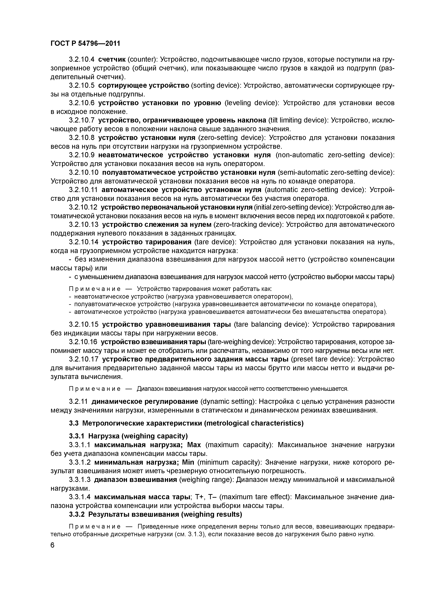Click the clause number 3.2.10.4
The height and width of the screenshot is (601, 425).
(81, 59)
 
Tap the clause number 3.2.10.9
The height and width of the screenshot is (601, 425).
(81, 155)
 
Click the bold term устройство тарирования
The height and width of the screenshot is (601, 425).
(147, 242)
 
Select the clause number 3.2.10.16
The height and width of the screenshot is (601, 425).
(83, 342)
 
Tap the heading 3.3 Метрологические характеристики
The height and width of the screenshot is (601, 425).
(186, 423)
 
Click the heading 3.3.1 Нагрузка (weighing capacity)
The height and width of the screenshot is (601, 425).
(128, 436)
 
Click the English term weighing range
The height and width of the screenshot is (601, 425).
(206, 480)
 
